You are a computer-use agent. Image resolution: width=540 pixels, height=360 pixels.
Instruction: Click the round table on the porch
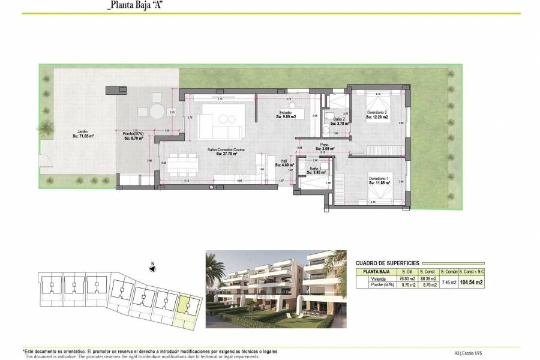tap(157, 112)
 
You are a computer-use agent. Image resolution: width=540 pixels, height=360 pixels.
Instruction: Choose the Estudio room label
tap(285, 114)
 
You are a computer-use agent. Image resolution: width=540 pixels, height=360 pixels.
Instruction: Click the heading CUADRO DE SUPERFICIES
tap(387, 263)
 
